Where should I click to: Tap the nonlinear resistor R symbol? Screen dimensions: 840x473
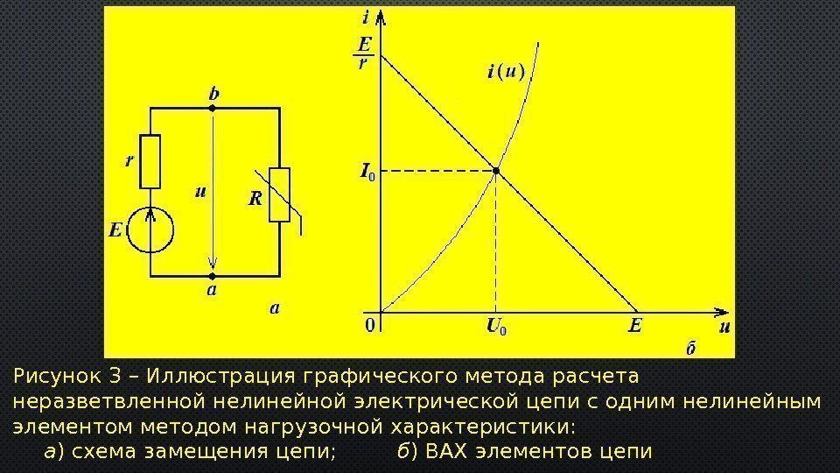coord(279,194)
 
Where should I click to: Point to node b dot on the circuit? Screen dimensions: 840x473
coord(212,108)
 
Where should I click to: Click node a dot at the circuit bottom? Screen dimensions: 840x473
coord(212,274)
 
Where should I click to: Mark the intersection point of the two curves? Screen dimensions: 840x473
coord(496,172)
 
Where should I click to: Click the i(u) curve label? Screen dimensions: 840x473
coord(505,73)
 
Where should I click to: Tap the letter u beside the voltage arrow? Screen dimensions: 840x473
coord(201,193)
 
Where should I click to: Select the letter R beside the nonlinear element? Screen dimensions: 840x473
coord(255,199)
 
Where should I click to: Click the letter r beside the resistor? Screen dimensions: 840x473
coord(129,160)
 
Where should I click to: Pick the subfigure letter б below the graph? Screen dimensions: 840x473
coord(690,349)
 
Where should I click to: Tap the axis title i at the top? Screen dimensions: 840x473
coord(365,17)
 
